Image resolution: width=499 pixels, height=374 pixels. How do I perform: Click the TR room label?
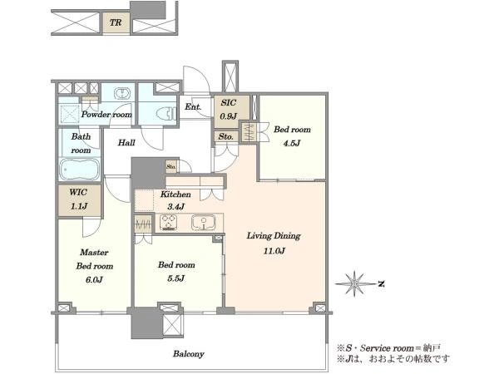[x=116, y=22]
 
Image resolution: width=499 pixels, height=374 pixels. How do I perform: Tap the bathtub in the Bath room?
[x=80, y=169]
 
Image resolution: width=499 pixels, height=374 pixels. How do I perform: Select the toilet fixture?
[x=166, y=114]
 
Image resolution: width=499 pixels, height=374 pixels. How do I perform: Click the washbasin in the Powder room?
[x=121, y=93]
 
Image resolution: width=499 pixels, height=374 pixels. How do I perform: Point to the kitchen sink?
[x=204, y=223]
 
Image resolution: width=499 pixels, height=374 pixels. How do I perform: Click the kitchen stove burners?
[x=168, y=222]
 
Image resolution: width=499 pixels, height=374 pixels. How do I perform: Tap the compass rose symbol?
[x=354, y=283]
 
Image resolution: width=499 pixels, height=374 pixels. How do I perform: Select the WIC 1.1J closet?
[x=80, y=200]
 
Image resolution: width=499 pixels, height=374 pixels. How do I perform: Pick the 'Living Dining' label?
[x=274, y=236]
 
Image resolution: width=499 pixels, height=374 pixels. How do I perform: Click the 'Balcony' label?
[x=189, y=354]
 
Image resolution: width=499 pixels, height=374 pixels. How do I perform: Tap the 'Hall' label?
[x=126, y=142]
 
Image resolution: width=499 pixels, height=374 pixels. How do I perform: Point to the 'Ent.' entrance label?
[x=193, y=107]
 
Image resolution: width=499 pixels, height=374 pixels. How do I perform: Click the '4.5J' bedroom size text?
[x=292, y=143]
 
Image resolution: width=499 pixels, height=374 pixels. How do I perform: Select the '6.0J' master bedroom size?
[x=94, y=279]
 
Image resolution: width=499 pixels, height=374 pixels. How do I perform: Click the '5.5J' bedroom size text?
[x=176, y=278]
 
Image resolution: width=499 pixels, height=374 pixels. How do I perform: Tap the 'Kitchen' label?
[x=175, y=194]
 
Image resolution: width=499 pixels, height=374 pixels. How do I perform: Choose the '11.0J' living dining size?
[x=274, y=251]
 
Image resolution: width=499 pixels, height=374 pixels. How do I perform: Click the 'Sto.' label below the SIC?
[x=226, y=137]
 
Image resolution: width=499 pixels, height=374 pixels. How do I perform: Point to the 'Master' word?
[x=94, y=253]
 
